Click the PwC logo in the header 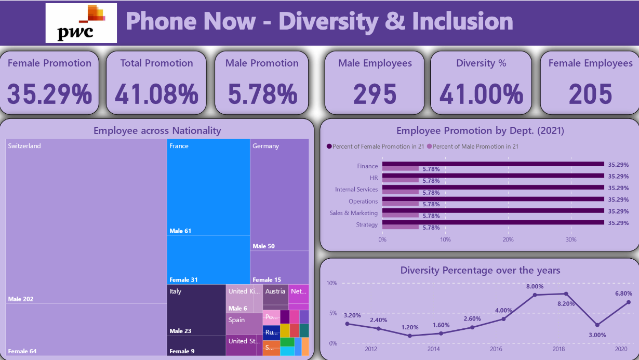81,23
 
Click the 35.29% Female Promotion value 49,95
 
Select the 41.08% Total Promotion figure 156,95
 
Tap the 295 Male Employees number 375,95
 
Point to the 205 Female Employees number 590,95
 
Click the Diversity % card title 481,63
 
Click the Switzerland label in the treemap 24,146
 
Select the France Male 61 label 180,231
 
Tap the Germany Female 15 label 267,280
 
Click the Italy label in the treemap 176,291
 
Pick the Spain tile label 236,320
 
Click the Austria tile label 275,291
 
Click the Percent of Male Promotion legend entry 472,146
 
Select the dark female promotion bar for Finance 492,164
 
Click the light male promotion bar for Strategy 400,226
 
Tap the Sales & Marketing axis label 353,213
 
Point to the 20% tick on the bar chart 508,239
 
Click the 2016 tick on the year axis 497,349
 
